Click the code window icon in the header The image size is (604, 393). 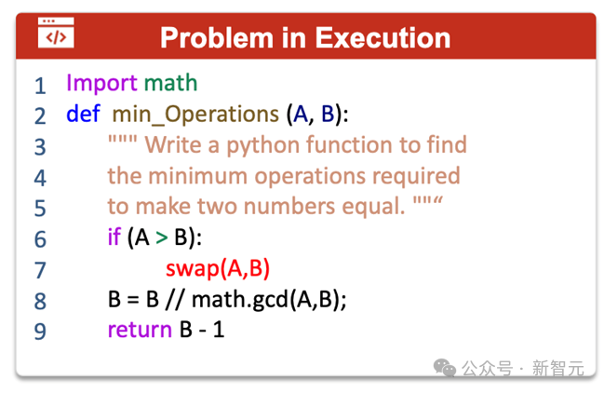[x=56, y=33]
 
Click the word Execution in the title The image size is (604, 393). [x=383, y=38]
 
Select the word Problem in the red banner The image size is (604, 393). [x=217, y=38]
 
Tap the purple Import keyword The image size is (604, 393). [x=101, y=83]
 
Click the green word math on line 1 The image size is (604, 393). [x=170, y=83]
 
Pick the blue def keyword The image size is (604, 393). [x=83, y=114]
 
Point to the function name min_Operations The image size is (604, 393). [x=195, y=115]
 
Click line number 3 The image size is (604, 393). [x=40, y=147]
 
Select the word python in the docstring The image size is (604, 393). [x=263, y=145]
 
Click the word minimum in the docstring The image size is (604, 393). [x=197, y=176]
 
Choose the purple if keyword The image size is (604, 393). [x=114, y=237]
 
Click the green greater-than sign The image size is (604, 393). [x=162, y=237]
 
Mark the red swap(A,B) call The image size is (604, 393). [x=218, y=268]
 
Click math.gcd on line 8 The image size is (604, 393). [x=239, y=299]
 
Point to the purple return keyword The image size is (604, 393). [x=140, y=330]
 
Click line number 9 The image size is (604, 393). [x=40, y=332]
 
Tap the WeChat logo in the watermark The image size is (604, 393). [x=445, y=367]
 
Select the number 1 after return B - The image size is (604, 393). [x=219, y=330]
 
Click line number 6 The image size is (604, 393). [x=40, y=239]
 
